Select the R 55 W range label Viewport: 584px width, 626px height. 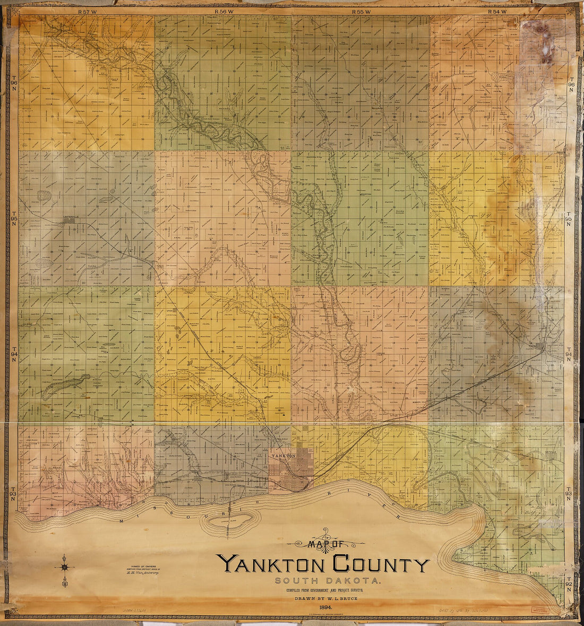[361, 11]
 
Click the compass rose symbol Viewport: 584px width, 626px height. [65, 568]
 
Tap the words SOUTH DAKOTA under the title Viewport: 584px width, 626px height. [323, 581]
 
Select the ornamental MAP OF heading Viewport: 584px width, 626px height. [325, 543]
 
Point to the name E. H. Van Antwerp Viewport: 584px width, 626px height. [140, 573]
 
